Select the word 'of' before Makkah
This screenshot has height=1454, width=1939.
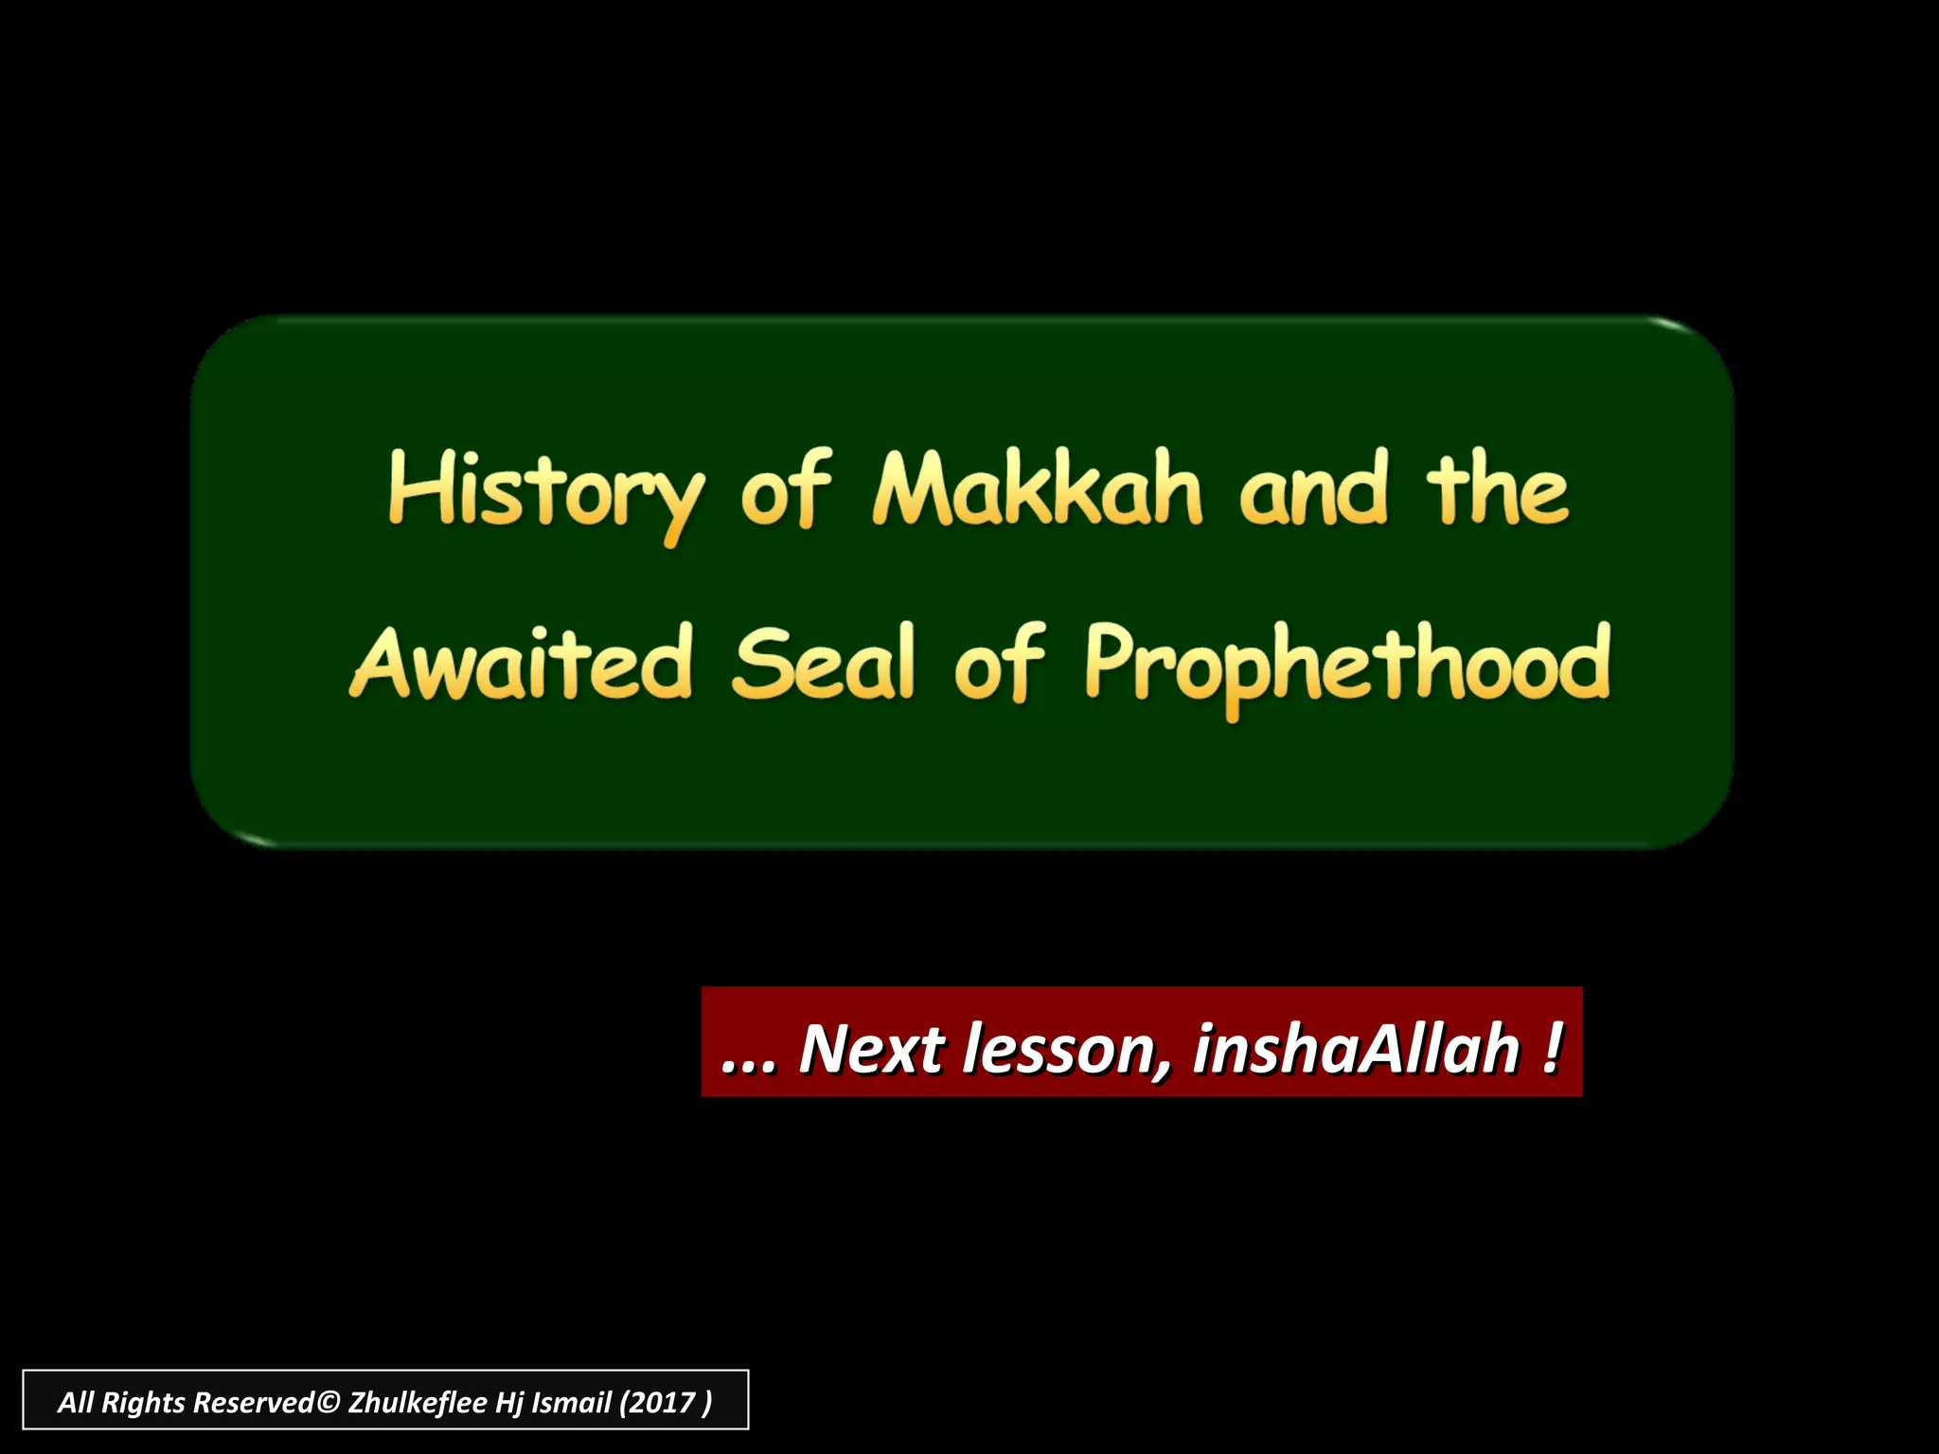pos(786,490)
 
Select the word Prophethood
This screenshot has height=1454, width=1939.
pos(1346,665)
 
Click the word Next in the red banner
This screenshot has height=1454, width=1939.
pos(872,1049)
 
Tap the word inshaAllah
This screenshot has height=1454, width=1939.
pos(1356,1049)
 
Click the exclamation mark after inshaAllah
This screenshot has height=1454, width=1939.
pos(1551,1049)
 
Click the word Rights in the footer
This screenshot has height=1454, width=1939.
pos(143,1402)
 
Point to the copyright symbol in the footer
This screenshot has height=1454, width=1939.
pos(328,1402)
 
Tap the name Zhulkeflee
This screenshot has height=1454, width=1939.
pos(418,1402)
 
